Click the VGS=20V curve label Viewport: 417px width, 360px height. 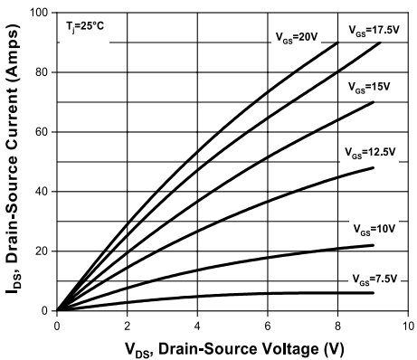(298, 35)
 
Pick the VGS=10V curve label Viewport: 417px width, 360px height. (374, 229)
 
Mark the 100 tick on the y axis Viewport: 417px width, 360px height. (40, 13)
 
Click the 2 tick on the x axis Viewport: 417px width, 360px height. (127, 323)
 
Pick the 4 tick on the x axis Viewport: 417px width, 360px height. (197, 323)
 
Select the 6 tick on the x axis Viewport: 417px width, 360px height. (267, 323)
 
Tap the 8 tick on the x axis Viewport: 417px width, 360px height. (337, 323)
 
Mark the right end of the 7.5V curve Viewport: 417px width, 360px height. (373, 292)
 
